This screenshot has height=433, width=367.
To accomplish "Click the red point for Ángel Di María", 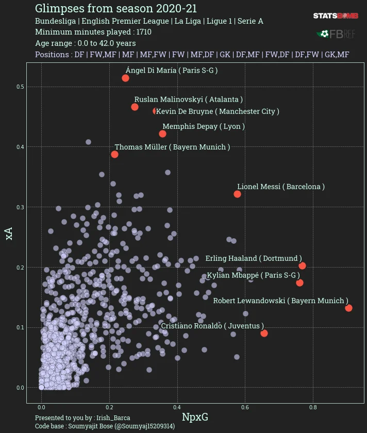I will [x=126, y=78].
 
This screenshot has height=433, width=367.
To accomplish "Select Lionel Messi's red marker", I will [x=237, y=194].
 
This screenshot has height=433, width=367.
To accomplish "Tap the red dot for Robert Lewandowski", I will [x=348, y=308].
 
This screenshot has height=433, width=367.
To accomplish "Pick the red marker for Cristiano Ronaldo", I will [x=264, y=333].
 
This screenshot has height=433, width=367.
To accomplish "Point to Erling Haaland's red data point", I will [x=302, y=266].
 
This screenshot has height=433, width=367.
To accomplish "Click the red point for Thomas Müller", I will [x=114, y=154].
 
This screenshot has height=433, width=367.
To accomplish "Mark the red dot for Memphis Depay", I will [x=162, y=134].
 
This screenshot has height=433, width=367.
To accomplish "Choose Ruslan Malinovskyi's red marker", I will [x=135, y=107].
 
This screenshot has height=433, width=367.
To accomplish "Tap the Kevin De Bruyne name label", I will [x=218, y=111].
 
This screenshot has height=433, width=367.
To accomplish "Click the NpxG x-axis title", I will [x=195, y=417].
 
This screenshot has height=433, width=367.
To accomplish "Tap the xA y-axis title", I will [x=9, y=234].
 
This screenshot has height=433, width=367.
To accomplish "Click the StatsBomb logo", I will [x=336, y=16].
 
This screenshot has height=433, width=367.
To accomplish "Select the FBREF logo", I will [x=336, y=34].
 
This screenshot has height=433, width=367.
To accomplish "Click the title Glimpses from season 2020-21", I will [x=116, y=8].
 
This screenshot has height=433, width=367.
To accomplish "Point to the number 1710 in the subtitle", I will [x=144, y=32].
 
